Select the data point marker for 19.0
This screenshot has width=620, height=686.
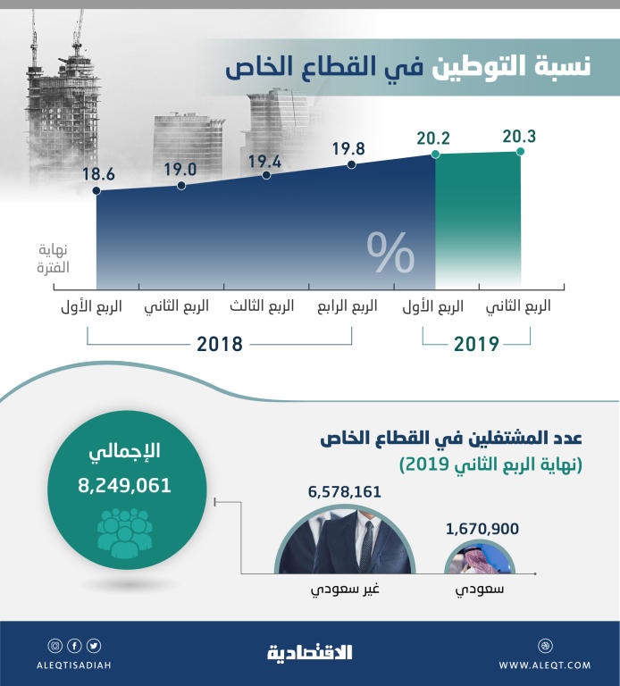(x=181, y=186)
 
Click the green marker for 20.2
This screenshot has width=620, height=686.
(x=435, y=155)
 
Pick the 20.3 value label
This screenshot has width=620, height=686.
(x=519, y=136)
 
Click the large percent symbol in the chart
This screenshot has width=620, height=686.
(x=390, y=254)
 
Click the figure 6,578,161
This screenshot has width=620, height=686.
(x=345, y=492)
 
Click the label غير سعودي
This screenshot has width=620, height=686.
(x=345, y=592)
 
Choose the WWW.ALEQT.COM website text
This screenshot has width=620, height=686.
(x=544, y=665)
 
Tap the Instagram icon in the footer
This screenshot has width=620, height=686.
(x=55, y=646)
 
